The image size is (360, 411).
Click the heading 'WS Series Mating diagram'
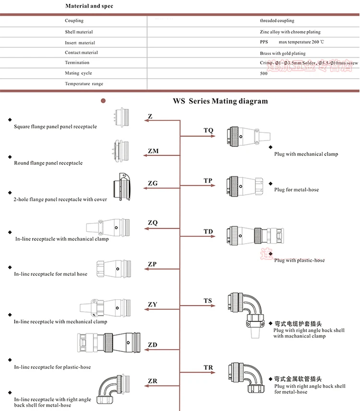tap(220, 101)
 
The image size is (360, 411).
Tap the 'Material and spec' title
tap(89, 6)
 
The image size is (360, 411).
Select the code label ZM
tap(153, 151)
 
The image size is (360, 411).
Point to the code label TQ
tap(208, 130)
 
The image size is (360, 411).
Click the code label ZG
tap(153, 184)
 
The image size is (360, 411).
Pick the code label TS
tap(207, 301)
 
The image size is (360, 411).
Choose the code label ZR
tap(153, 381)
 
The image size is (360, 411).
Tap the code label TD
tap(208, 232)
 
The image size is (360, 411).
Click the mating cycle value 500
tap(263, 73)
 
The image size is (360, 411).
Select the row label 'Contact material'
tap(81, 52)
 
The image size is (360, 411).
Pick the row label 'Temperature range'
tap(84, 84)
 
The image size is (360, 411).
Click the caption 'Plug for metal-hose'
tap(296, 190)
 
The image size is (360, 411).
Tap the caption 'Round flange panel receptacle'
tap(48, 163)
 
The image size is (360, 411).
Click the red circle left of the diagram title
tap(103, 101)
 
